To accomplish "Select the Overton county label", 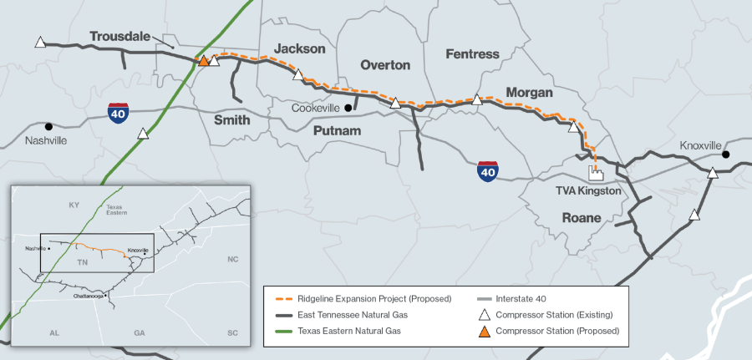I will [x=385, y=64].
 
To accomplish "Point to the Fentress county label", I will [x=472, y=54].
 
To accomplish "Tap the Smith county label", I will [x=231, y=119].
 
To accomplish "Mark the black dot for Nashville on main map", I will [x=49, y=126].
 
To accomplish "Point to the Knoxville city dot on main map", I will [x=726, y=155].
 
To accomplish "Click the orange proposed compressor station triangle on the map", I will [x=202, y=61].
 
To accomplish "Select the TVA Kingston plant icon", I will [x=596, y=173].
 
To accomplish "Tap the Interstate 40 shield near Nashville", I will [x=119, y=113].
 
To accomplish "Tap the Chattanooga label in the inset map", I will [x=89, y=296].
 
